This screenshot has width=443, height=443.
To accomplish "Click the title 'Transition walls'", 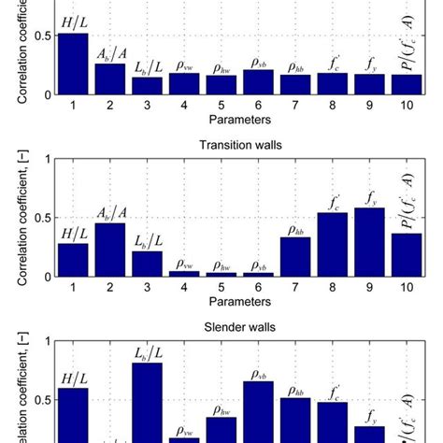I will tap(236, 143).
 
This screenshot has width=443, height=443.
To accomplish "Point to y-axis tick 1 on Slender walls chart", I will tap(44, 342).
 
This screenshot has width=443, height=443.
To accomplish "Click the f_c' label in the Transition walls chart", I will tap(333, 201).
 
